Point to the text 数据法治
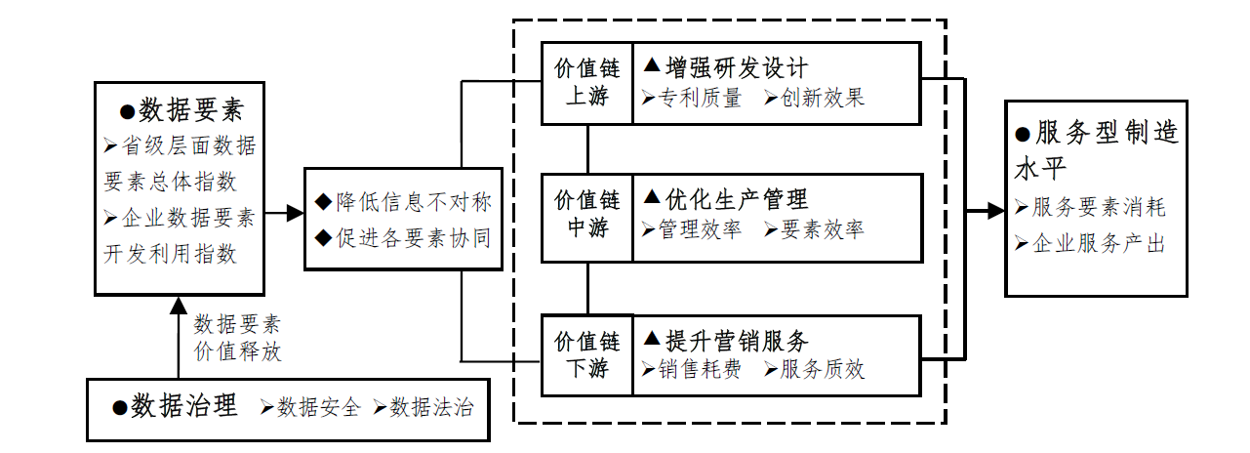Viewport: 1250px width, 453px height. point(431,408)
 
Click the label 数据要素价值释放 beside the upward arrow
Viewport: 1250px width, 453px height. point(237,338)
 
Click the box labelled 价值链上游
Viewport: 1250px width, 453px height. point(587,83)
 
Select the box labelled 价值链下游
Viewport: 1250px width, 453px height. point(587,354)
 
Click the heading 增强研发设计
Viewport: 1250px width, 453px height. point(736,67)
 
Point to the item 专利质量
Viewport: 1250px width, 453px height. point(700,98)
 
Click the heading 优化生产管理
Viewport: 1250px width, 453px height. point(736,200)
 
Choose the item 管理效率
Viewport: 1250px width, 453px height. point(700,229)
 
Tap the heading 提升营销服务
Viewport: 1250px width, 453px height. point(736,341)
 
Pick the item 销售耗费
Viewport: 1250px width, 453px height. point(700,369)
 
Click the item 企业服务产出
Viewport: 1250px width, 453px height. point(1098,244)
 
